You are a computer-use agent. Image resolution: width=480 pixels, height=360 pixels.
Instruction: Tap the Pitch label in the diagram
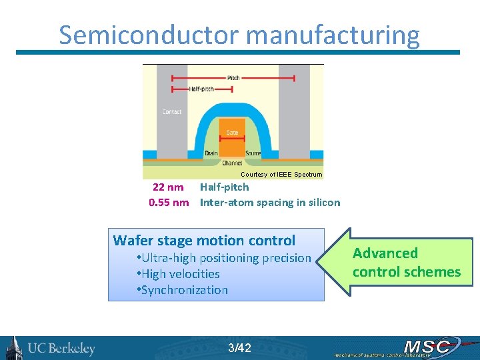233,77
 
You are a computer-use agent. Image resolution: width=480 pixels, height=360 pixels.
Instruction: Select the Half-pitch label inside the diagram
201,89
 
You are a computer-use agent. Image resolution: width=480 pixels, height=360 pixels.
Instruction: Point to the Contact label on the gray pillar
172,112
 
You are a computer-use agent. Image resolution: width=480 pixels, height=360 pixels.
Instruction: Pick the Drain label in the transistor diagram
211,153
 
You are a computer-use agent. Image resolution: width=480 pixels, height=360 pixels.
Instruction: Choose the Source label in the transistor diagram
253,153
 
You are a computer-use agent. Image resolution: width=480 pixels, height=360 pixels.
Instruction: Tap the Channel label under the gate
232,163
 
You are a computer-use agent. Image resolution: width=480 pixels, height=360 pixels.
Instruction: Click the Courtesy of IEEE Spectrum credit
281,174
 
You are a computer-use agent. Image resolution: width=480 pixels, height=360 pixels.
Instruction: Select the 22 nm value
168,187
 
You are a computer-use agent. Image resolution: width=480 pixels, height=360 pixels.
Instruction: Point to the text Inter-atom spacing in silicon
270,203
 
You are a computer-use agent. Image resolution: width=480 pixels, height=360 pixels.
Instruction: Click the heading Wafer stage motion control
204,241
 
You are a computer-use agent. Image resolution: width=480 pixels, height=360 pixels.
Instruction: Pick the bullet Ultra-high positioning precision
223,258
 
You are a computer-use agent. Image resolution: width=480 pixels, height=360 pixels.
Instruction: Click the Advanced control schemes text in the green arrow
406,262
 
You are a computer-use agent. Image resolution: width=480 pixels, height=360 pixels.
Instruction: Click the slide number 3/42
239,347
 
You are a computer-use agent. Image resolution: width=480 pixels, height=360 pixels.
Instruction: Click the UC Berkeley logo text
61,348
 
